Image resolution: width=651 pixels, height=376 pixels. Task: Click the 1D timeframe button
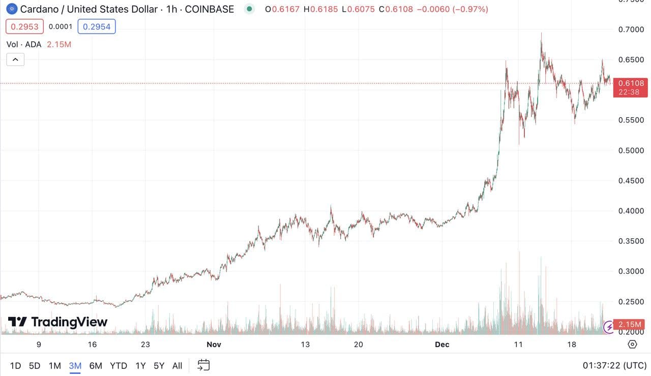[x=16, y=365]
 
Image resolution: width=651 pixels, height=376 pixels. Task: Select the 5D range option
[x=35, y=365]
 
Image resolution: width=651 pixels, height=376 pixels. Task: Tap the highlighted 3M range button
[x=75, y=365]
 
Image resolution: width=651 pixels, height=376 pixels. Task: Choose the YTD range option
[x=119, y=365]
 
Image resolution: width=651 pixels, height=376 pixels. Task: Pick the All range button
[x=177, y=365]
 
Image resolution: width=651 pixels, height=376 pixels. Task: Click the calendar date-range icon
[x=203, y=365]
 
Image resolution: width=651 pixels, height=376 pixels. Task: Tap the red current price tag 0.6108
[x=631, y=83]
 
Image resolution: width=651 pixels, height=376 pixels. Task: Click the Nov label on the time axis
[x=214, y=344]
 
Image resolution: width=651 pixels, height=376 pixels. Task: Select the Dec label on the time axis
[x=442, y=344]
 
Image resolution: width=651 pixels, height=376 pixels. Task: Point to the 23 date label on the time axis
[x=145, y=344]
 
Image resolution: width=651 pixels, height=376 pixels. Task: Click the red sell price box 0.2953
[x=25, y=26]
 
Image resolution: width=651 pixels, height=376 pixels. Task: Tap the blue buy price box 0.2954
[x=97, y=26]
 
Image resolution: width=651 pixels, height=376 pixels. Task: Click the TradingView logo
[x=57, y=322]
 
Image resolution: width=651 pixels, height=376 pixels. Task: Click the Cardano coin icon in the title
[x=11, y=9]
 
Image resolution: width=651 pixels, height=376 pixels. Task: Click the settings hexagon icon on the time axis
[x=632, y=344]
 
